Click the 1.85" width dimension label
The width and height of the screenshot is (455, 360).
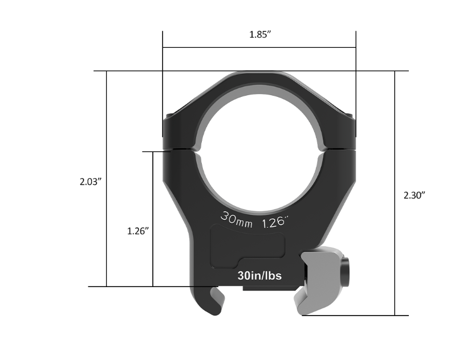point(260,35)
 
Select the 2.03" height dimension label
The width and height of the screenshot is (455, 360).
point(91,182)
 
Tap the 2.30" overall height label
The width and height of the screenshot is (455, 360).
point(415,195)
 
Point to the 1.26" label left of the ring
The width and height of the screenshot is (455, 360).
point(138,231)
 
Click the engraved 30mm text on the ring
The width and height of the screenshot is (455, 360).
point(237,220)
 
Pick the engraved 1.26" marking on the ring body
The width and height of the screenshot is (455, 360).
point(275,222)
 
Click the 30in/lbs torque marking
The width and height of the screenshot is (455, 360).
point(259,276)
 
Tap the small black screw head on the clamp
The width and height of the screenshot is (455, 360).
point(346,272)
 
